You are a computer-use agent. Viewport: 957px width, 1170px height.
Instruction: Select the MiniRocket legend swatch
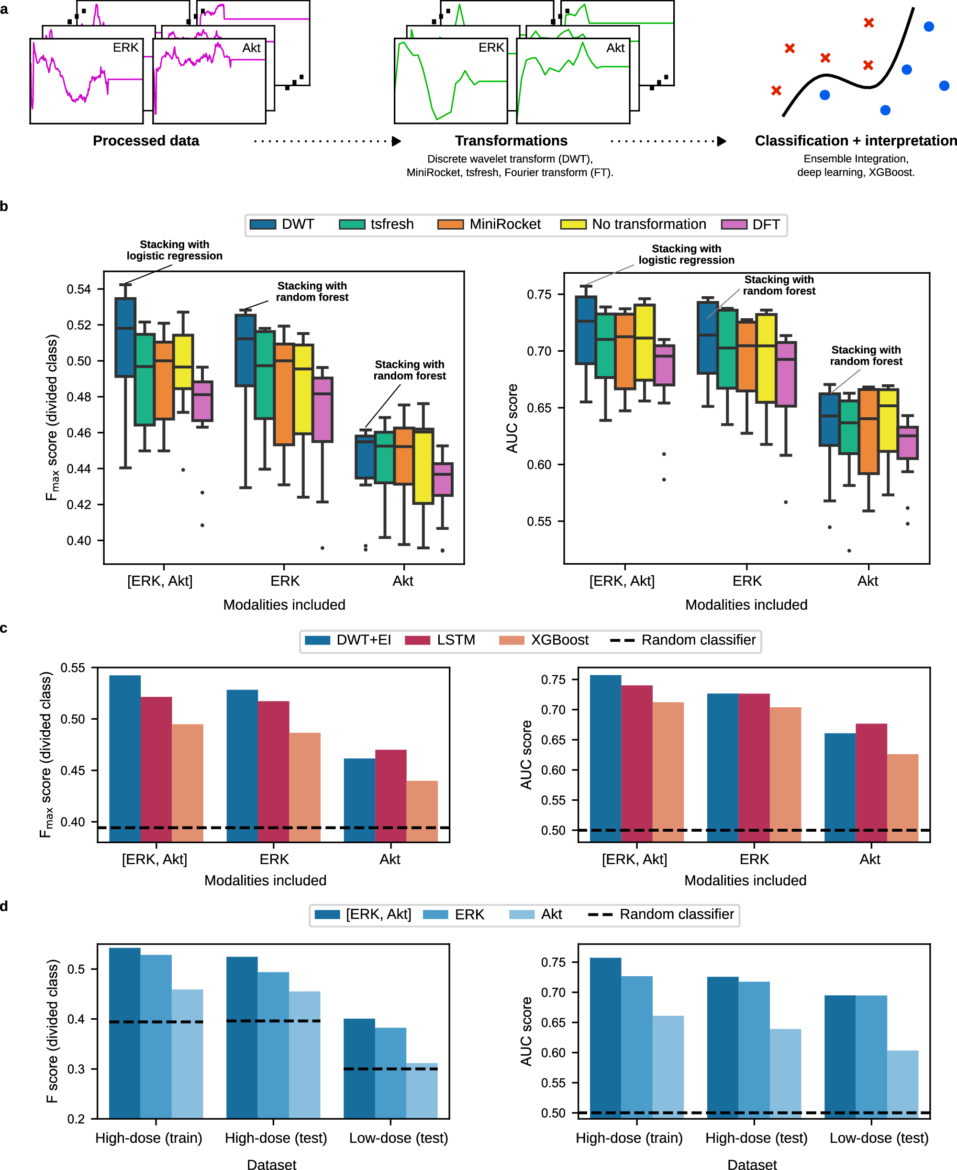[450, 224]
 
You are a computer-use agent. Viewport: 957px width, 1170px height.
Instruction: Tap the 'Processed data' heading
[145, 141]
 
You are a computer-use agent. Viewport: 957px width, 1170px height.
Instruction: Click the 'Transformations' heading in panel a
[511, 141]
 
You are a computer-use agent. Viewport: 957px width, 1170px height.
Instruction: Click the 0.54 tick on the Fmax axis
[78, 289]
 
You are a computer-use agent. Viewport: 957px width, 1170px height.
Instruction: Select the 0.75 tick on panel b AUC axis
[539, 294]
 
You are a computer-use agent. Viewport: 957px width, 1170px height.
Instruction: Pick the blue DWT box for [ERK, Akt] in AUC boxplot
[586, 330]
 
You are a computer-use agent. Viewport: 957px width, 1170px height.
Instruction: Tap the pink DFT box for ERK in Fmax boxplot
[323, 409]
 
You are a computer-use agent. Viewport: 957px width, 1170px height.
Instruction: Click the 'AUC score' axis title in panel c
[526, 754]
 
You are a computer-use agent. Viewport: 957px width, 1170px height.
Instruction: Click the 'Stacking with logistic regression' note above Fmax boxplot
[174, 250]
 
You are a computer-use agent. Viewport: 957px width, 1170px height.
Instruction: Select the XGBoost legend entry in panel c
[544, 640]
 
